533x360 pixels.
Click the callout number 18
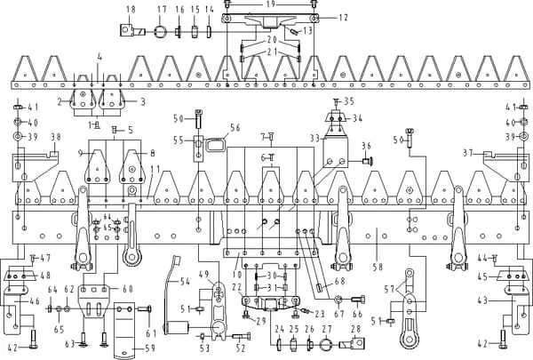click(x=131, y=9)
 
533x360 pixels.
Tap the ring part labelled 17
click(x=161, y=33)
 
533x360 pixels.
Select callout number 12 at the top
click(x=344, y=17)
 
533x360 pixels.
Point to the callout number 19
click(x=271, y=4)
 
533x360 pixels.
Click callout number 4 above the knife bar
click(x=99, y=57)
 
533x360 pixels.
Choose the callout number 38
click(x=55, y=137)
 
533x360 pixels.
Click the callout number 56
click(x=235, y=128)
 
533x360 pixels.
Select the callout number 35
click(x=349, y=101)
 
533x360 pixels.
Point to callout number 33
click(x=314, y=138)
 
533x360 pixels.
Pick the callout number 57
click(x=388, y=290)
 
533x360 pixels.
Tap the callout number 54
click(x=186, y=281)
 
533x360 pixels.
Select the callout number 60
click(x=128, y=289)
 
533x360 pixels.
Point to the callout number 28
click(x=355, y=329)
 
